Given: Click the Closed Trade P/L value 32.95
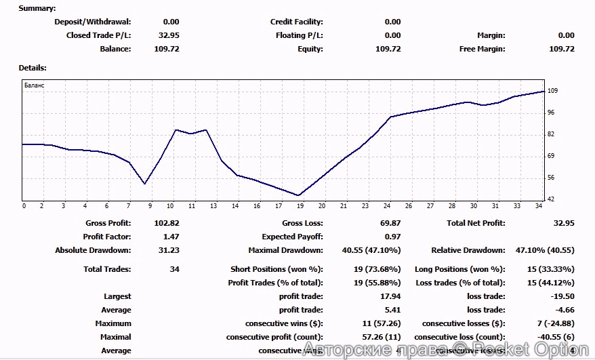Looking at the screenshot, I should [x=169, y=35].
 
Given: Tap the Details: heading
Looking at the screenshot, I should [x=33, y=68].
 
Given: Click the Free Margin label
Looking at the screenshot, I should [x=482, y=49].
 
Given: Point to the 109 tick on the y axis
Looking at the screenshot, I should [x=552, y=91].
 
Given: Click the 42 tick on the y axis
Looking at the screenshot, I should [x=552, y=199].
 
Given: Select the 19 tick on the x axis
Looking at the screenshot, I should [x=300, y=206].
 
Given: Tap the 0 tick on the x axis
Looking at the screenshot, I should [x=24, y=206].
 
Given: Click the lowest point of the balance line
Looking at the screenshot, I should [x=299, y=195].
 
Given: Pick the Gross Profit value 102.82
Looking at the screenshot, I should [x=166, y=223].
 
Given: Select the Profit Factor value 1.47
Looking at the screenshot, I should [x=170, y=237].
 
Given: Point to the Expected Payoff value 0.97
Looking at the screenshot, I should [x=392, y=237].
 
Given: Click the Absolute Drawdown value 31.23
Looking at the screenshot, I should [x=168, y=250].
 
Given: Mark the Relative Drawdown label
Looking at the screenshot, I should [x=468, y=250].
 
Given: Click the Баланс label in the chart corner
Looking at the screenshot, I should [x=34, y=86].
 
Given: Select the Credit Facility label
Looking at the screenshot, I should [x=297, y=22].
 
